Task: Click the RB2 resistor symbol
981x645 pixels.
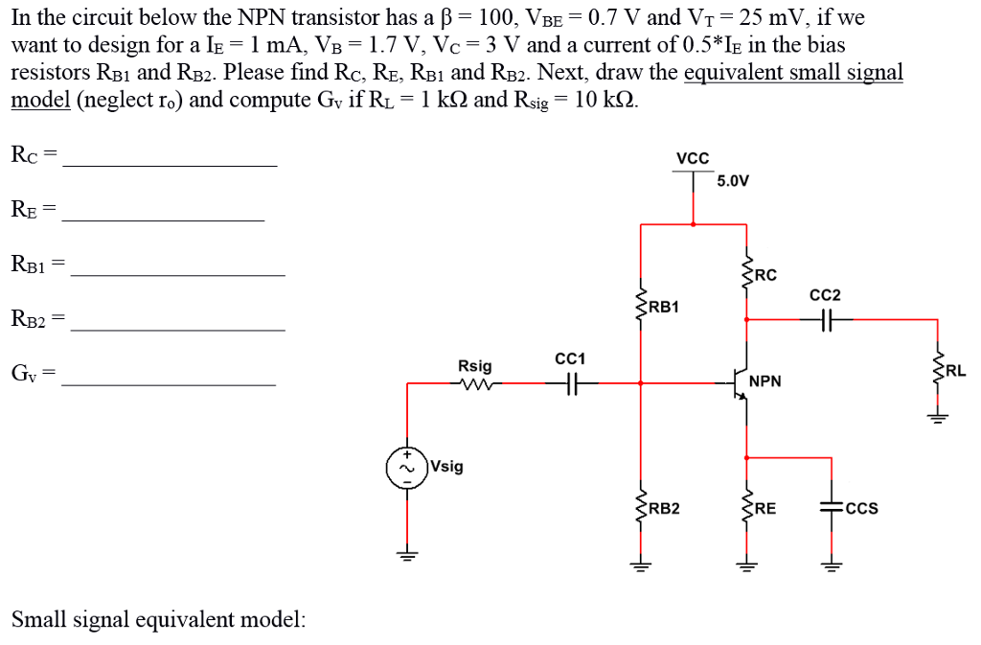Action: point(640,508)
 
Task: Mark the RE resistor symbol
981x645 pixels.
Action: point(745,508)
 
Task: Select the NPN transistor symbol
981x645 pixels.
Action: point(741,382)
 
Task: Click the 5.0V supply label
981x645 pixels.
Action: point(733,180)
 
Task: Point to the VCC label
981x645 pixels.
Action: point(693,158)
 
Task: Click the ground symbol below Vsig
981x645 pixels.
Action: point(406,555)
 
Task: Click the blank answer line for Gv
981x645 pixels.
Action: point(168,384)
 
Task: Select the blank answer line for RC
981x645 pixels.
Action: point(170,166)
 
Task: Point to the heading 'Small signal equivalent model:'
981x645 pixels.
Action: point(159,619)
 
